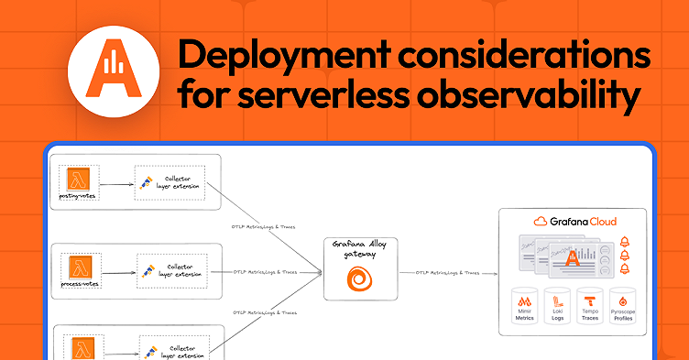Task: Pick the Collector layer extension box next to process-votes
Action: coord(171,271)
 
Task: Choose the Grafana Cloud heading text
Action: coord(574,222)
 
